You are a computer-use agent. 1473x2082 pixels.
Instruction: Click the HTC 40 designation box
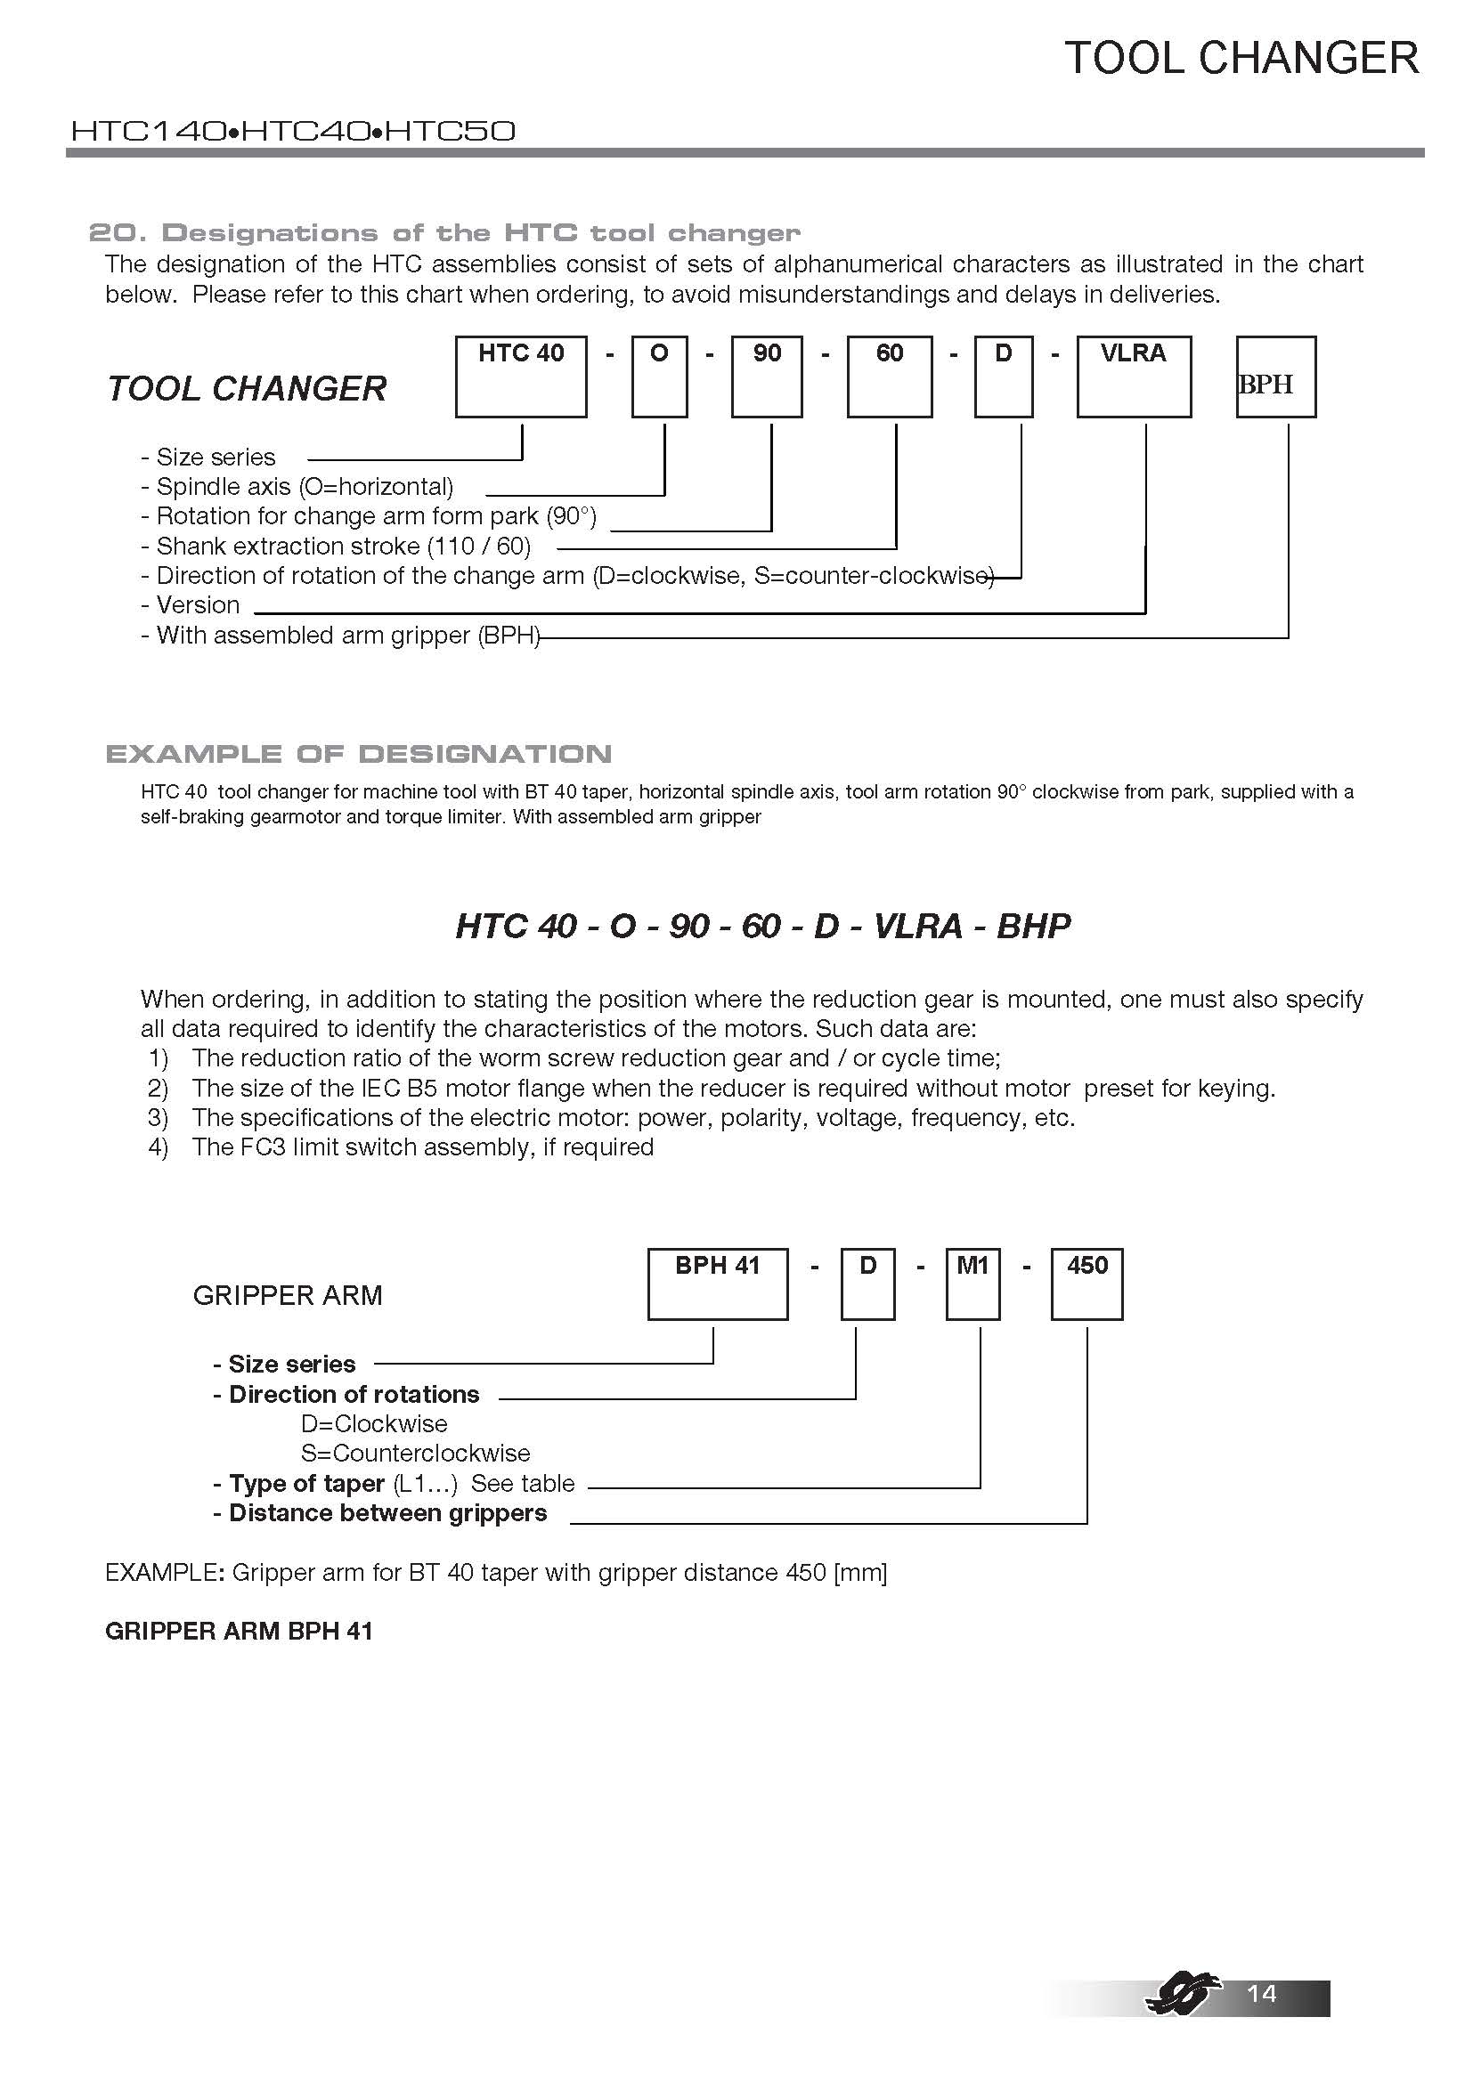(521, 377)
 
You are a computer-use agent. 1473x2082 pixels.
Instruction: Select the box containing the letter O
(659, 377)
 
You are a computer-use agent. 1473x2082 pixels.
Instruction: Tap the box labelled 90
(767, 377)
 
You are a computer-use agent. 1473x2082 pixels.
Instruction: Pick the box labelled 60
(889, 377)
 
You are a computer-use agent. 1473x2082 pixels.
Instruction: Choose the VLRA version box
(1134, 377)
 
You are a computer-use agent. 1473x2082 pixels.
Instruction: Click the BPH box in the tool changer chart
(1275, 377)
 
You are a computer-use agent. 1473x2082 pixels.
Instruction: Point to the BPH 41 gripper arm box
(718, 1284)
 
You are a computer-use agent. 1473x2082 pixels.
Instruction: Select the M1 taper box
(973, 1284)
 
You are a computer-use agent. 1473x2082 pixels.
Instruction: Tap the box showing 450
(1086, 1284)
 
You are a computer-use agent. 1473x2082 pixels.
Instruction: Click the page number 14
(1262, 1992)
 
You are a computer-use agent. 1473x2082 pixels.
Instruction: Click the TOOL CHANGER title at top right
(1241, 59)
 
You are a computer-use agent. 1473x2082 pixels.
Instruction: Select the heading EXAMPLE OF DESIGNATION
(358, 754)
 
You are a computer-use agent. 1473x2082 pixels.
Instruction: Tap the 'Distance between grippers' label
(380, 1512)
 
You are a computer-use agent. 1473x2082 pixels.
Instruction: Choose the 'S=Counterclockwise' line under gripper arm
(415, 1453)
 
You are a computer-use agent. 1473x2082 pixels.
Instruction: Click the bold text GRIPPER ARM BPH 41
(239, 1631)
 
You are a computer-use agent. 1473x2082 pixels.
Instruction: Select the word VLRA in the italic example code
(917, 926)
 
